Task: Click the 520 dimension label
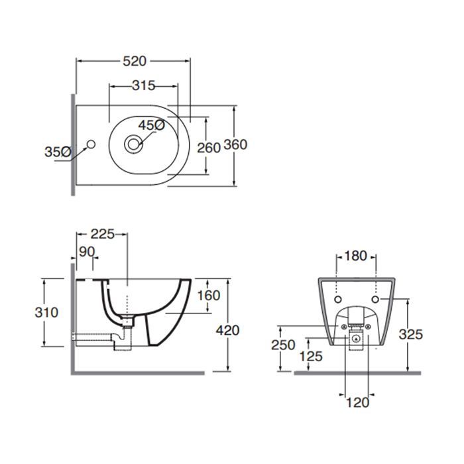[x=135, y=61]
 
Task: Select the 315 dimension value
[x=144, y=86]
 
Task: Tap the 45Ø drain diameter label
[x=152, y=125]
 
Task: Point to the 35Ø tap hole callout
[x=58, y=152]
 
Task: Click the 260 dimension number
[x=209, y=148]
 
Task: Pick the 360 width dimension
[x=235, y=145]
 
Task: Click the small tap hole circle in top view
[x=91, y=144]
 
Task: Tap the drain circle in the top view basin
[x=133, y=144]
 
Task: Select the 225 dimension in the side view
[x=103, y=234]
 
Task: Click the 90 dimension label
[x=87, y=252]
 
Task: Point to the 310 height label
[x=46, y=312]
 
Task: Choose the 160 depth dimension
[x=209, y=296]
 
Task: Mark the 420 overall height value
[x=227, y=330]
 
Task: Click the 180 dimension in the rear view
[x=355, y=256]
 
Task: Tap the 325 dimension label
[x=411, y=335]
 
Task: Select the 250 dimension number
[x=283, y=345]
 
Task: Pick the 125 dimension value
[x=311, y=357]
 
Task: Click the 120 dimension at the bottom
[x=357, y=402]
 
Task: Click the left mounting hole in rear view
[x=337, y=300]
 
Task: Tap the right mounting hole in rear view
[x=375, y=300]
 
